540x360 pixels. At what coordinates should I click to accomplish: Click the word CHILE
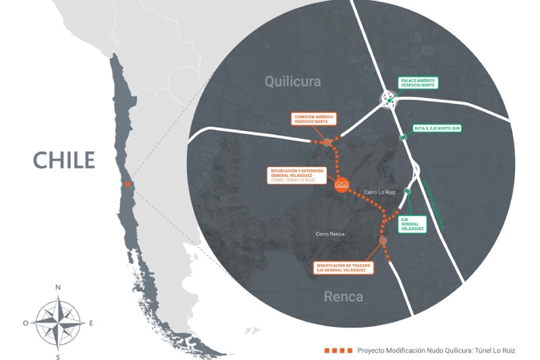pyautogui.click(x=64, y=160)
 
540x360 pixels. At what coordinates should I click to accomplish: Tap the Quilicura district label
pyautogui.click(x=292, y=82)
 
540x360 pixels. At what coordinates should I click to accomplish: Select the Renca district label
pyautogui.click(x=343, y=297)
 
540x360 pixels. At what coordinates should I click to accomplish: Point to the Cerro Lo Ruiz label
pyautogui.click(x=379, y=192)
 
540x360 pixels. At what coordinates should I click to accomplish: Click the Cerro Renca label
pyautogui.click(x=330, y=234)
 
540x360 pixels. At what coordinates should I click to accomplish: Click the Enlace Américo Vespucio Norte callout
pyautogui.click(x=418, y=83)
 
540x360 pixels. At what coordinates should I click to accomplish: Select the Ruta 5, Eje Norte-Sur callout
pyautogui.click(x=437, y=127)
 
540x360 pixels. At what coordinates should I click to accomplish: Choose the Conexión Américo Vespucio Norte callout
pyautogui.click(x=315, y=120)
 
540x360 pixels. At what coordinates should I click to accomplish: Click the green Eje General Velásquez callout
pyautogui.click(x=412, y=224)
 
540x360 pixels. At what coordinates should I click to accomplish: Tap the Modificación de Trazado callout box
pyautogui.click(x=344, y=267)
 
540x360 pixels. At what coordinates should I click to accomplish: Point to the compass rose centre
pyautogui.click(x=58, y=322)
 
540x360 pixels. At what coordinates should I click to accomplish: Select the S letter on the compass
pyautogui.click(x=58, y=356)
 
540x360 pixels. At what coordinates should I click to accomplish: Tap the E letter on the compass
pyautogui.click(x=91, y=323)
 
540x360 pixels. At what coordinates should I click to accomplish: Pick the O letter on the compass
pyautogui.click(x=26, y=323)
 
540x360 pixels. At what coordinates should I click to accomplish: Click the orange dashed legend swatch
pyautogui.click(x=338, y=351)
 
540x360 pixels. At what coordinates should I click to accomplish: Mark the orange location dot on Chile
pyautogui.click(x=128, y=184)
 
